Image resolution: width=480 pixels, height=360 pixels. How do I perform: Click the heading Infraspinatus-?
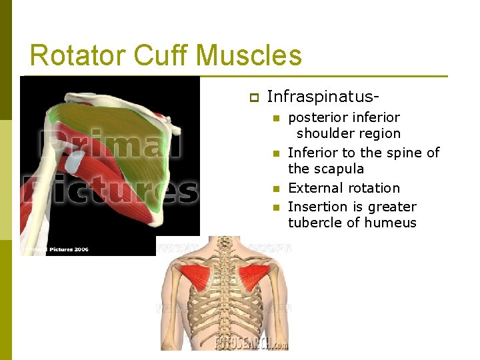click(x=317, y=97)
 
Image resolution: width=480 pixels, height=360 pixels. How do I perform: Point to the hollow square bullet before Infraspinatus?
click(x=253, y=97)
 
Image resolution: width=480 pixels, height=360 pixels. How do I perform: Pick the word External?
click(x=315, y=188)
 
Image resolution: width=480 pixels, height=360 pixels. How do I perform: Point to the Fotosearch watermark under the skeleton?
click(x=251, y=343)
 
